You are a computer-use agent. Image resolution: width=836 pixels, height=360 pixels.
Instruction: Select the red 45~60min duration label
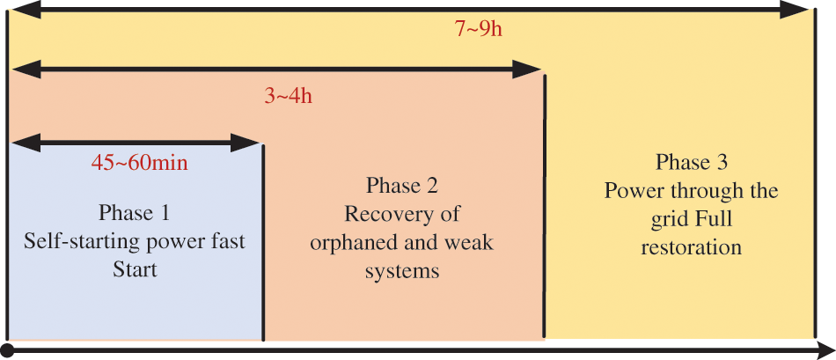coord(140,163)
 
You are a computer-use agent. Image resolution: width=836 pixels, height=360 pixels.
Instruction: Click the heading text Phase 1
coord(134,213)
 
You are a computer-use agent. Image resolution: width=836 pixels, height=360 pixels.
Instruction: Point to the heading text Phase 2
coord(401,186)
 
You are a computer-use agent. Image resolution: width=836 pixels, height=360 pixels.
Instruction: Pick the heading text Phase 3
coord(691,163)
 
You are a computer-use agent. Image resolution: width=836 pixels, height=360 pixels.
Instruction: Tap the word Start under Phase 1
coord(135,269)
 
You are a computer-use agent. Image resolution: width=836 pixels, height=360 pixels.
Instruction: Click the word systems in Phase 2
coord(402,271)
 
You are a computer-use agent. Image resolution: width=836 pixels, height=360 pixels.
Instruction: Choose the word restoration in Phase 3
coord(692,247)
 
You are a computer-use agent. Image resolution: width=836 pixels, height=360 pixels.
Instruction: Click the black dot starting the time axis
coord(7,351)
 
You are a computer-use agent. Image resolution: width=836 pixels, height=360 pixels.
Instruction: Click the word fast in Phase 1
coord(227,241)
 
